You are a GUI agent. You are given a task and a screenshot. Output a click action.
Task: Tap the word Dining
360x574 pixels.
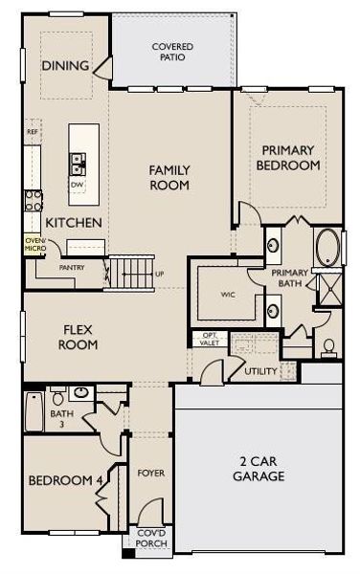point(65,66)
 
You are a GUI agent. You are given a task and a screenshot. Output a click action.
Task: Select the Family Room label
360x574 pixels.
point(169,178)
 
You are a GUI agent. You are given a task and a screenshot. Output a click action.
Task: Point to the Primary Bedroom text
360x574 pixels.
point(288,157)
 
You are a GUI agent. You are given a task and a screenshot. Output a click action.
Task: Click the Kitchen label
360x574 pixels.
point(74,222)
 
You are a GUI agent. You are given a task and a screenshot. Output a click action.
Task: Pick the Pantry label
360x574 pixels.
point(72,267)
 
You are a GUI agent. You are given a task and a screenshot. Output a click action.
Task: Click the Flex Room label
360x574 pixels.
point(78,337)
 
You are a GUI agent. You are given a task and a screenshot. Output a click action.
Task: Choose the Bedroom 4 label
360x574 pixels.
point(64,480)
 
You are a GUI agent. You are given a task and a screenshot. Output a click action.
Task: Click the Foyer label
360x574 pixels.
point(150,473)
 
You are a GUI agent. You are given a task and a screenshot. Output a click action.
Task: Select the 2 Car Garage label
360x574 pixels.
point(258,468)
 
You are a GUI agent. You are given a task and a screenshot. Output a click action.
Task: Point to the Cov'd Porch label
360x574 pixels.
point(151,538)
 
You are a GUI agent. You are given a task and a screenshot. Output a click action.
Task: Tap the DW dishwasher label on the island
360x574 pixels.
point(77,184)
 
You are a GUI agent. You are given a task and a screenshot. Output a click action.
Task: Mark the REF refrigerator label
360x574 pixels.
point(33,131)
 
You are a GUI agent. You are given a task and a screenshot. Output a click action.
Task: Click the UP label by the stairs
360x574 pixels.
point(159,275)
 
